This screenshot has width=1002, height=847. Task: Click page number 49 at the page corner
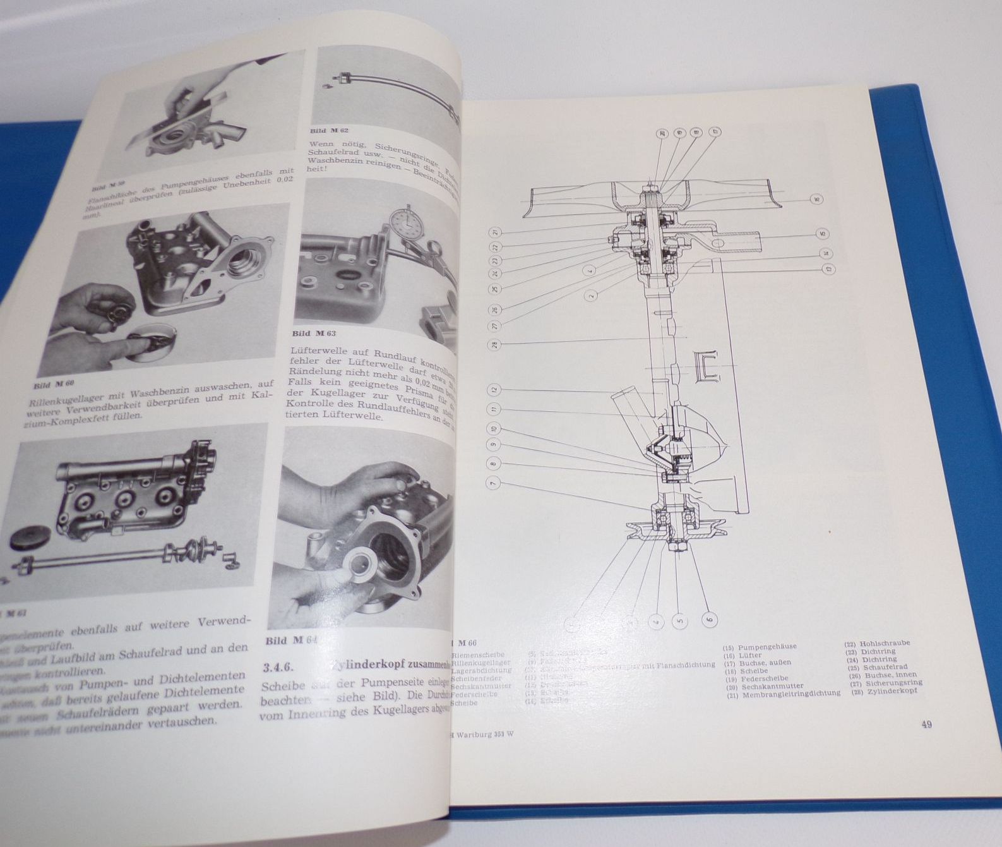click(926, 724)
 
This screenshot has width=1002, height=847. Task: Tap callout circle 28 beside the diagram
click(492, 345)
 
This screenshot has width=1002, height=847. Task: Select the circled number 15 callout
click(822, 233)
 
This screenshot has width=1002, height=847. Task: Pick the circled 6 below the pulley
click(709, 620)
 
